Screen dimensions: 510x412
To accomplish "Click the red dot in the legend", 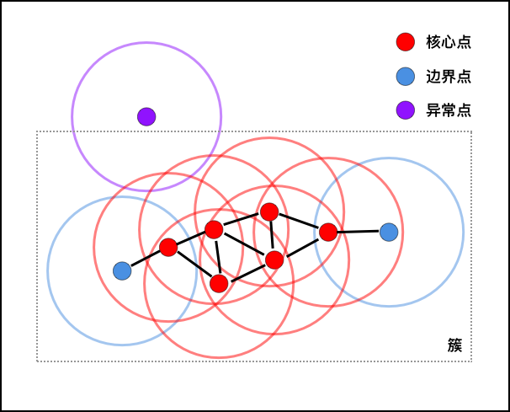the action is pyautogui.click(x=406, y=42).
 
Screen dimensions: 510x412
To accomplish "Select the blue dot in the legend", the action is pyautogui.click(x=406, y=77).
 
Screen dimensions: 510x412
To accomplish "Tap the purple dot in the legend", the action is pyautogui.click(x=406, y=110).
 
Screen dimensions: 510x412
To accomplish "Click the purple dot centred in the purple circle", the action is pyautogui.click(x=146, y=117).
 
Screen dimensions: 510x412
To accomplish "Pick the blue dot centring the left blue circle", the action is pyautogui.click(x=122, y=270).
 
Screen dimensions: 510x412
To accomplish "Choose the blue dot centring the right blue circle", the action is pyautogui.click(x=389, y=232).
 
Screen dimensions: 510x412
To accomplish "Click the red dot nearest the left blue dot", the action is pyautogui.click(x=168, y=247).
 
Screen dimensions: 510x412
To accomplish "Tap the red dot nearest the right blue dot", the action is pyautogui.click(x=328, y=232).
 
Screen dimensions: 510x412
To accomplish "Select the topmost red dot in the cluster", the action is pyautogui.click(x=269, y=211).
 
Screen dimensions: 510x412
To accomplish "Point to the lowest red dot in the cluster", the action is pyautogui.click(x=219, y=283).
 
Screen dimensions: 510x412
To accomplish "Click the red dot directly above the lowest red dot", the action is pyautogui.click(x=214, y=229).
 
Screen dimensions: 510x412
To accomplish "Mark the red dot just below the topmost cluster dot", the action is pyautogui.click(x=274, y=260).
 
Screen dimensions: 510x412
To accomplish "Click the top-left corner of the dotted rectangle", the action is pyautogui.click(x=37, y=131).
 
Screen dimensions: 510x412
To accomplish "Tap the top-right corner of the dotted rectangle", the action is pyautogui.click(x=471, y=131).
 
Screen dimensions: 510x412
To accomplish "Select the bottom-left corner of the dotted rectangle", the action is pyautogui.click(x=37, y=361).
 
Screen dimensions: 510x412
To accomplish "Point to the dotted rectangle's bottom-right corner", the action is pyautogui.click(x=471, y=361).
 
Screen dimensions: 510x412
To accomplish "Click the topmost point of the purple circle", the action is pyautogui.click(x=146, y=42).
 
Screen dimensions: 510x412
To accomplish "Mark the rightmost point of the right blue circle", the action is pyautogui.click(x=464, y=232).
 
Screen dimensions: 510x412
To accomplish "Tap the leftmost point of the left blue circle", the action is pyautogui.click(x=48, y=270).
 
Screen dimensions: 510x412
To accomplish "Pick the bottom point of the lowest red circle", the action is pyautogui.click(x=219, y=358).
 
